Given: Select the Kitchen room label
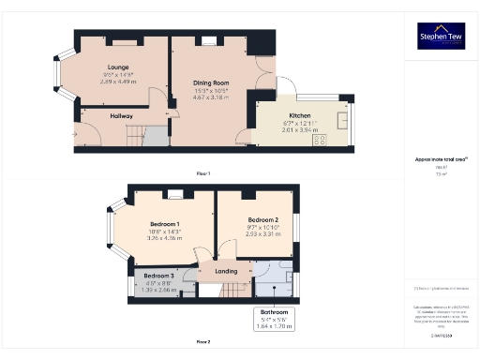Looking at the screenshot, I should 301,117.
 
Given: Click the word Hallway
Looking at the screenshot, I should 122,115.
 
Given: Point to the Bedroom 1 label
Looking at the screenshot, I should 164,224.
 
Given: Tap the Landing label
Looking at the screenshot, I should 226,272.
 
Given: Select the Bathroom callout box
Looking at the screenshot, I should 274,318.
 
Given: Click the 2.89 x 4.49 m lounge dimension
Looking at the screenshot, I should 118,82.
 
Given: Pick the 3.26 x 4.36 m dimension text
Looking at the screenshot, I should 164,238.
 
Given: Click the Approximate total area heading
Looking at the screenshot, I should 440,159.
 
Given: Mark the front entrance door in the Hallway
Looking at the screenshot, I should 75,134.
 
